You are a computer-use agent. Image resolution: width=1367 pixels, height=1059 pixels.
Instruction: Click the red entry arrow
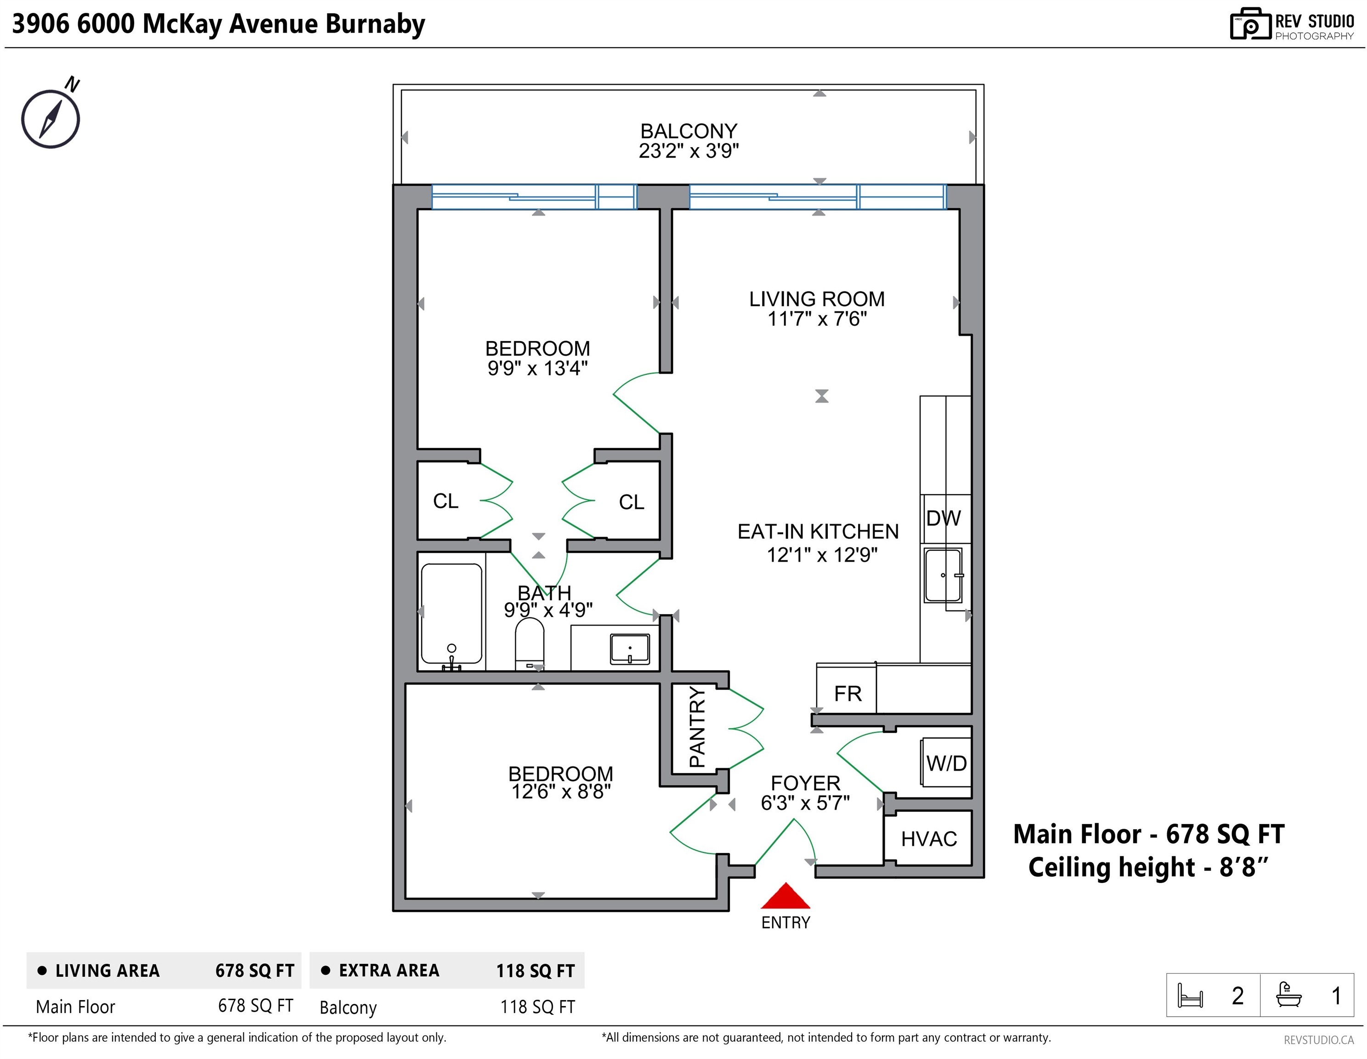(785, 896)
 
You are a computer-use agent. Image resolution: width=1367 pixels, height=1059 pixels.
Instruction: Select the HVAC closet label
(929, 838)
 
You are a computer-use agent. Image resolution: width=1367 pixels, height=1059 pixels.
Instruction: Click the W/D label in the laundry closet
(946, 763)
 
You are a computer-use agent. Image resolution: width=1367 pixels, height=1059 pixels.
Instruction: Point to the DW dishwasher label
(943, 518)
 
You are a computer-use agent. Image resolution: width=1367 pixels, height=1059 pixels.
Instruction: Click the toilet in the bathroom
(530, 643)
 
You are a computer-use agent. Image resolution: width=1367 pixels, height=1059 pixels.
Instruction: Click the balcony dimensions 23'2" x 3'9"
(689, 151)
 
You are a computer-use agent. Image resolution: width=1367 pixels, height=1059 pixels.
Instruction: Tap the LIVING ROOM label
(817, 299)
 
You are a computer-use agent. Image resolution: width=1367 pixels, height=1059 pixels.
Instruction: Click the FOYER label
(806, 783)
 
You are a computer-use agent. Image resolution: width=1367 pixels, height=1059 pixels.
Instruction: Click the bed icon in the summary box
(1190, 995)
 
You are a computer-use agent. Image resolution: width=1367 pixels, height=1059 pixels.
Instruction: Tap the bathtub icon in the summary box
(1289, 995)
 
